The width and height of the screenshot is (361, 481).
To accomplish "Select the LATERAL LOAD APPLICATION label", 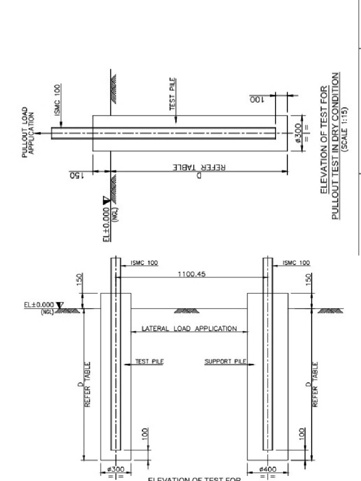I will click(x=189, y=328).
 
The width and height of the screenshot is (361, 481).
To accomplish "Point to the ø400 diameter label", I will click(x=268, y=469).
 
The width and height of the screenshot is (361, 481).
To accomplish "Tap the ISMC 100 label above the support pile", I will click(x=296, y=264).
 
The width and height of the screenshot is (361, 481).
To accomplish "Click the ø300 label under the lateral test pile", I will click(x=116, y=469).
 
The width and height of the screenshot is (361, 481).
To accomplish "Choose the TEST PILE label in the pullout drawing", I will click(x=173, y=100).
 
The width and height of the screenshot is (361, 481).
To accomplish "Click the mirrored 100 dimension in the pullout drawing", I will click(x=259, y=99).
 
